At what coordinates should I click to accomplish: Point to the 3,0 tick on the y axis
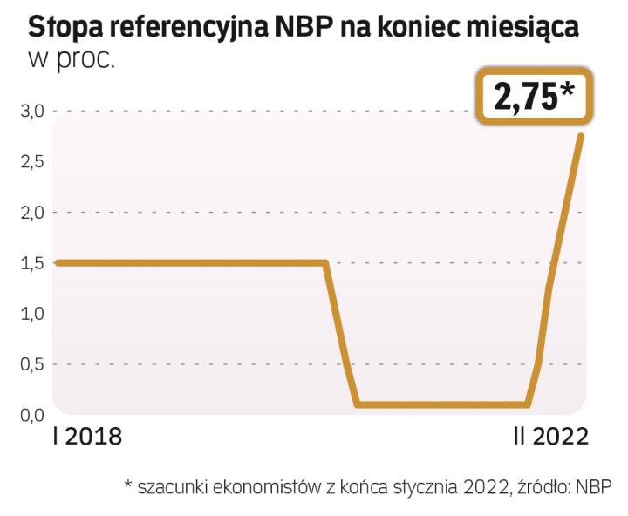pos(33,112)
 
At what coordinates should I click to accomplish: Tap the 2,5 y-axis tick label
pos(33,162)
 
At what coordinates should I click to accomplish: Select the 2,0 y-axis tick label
pos(33,213)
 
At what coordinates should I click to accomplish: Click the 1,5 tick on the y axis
pos(33,263)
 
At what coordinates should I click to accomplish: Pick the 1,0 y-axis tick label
pos(33,314)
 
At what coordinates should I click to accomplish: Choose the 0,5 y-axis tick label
pos(33,364)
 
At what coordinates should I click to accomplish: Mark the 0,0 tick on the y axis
pos(33,414)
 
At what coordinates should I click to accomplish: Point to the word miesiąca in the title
pos(526,27)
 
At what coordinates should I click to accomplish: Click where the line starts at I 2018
pos(57,262)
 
